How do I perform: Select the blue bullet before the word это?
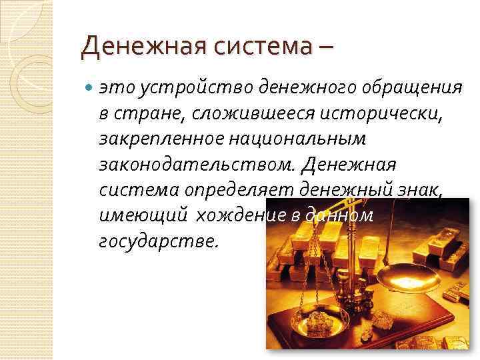[x=89, y=87]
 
